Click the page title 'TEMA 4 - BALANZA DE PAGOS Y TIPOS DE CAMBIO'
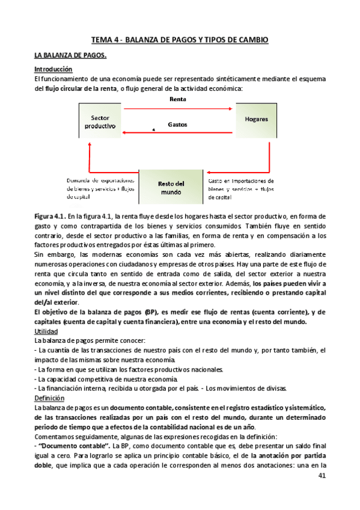coord(179,40)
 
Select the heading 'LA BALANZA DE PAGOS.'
coord(70,56)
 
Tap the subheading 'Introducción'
coord(53,69)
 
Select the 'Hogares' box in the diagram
coord(256,119)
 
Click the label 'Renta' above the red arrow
coord(177,99)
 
